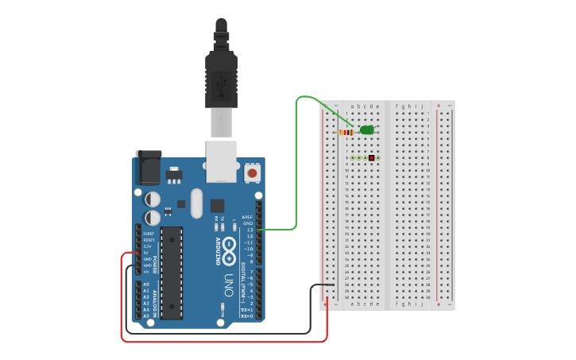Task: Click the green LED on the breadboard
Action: (366, 130)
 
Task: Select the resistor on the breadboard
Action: (346, 132)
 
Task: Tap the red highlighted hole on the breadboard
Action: (371, 158)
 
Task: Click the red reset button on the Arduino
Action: (252, 172)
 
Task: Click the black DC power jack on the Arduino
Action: (148, 168)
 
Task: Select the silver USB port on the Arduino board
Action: (221, 157)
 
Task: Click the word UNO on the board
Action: (228, 285)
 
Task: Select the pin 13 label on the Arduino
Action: (249, 230)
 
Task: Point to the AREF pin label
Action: (247, 217)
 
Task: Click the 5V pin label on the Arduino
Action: (146, 253)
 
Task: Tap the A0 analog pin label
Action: (146, 285)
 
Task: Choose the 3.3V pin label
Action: (148, 246)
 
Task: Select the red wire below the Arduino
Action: (222, 342)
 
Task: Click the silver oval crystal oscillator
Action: (196, 203)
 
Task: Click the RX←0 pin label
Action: (247, 316)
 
